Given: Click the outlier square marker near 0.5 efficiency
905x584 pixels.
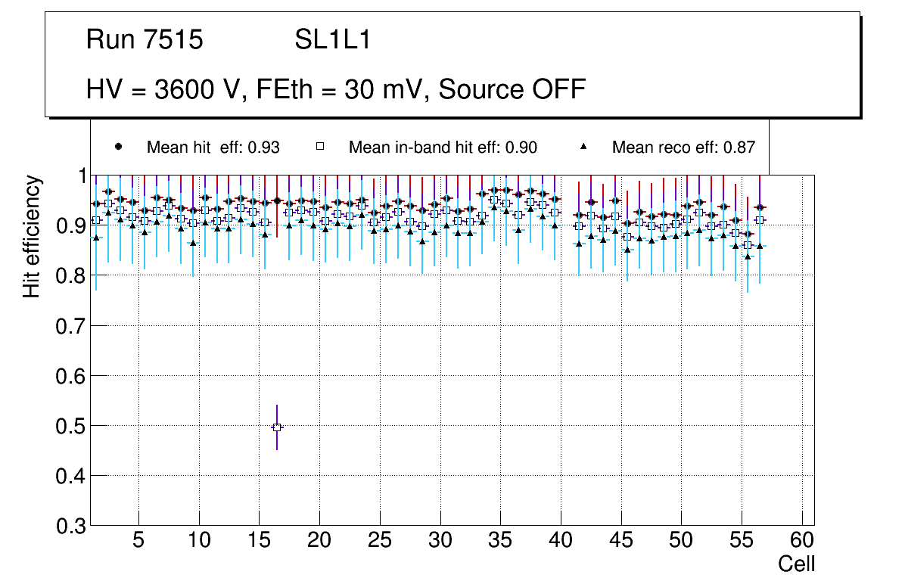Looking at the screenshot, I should click(x=277, y=427).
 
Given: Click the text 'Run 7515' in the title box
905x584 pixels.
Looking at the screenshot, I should click(x=145, y=40).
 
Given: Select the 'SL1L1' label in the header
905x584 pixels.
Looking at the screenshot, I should click(x=333, y=40).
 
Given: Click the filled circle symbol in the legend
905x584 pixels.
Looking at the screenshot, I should click(x=119, y=147).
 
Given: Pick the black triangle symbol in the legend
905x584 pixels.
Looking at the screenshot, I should click(x=584, y=147).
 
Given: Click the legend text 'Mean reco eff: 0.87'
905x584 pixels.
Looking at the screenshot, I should click(x=683, y=148).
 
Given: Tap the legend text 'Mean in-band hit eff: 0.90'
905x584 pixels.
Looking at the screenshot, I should click(x=443, y=148).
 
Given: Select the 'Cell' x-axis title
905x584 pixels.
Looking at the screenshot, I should click(x=797, y=564).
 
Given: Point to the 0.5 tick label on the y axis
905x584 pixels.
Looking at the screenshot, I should click(x=71, y=426).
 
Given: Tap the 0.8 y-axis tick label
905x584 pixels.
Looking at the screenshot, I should click(x=71, y=276).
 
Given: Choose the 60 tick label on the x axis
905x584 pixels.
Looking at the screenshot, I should click(x=802, y=541).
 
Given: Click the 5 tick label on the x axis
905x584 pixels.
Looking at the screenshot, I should click(x=138, y=541).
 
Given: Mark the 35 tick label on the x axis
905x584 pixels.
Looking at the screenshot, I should click(x=500, y=541).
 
